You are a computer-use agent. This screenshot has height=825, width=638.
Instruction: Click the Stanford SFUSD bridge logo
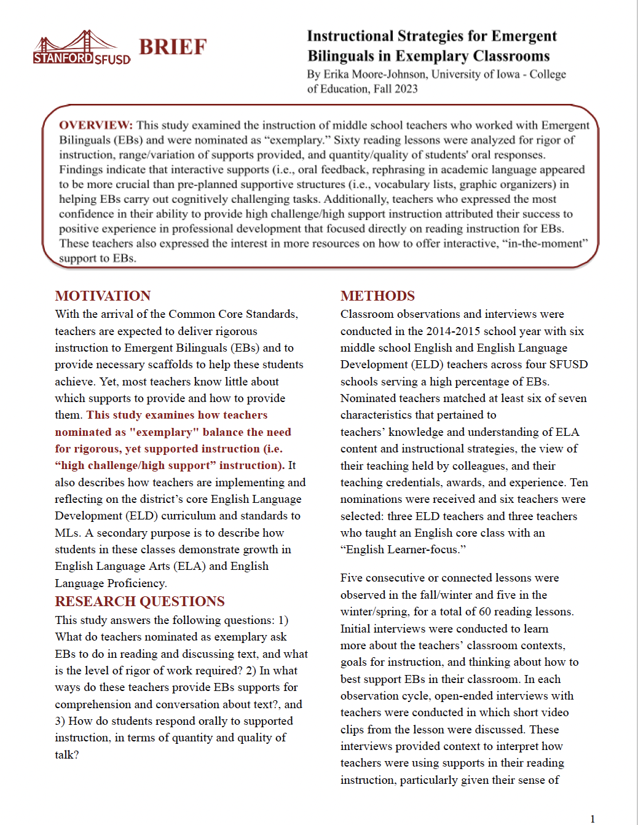coord(81,48)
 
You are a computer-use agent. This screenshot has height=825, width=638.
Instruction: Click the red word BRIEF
coord(173,47)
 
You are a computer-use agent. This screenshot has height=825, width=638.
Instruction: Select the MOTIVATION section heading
coord(103,296)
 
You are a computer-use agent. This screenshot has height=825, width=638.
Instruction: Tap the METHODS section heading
coord(377,296)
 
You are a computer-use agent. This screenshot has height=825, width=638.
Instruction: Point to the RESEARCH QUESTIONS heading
coord(140,601)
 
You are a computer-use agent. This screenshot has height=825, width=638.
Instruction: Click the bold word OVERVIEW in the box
coord(95,125)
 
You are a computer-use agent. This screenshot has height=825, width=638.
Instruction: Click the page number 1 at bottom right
coord(593,818)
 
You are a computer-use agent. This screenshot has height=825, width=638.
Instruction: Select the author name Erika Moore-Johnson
coord(374,74)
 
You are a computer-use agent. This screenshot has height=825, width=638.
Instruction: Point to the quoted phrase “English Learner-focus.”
coord(403,550)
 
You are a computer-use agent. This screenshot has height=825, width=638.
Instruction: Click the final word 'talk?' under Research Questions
coord(67,755)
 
